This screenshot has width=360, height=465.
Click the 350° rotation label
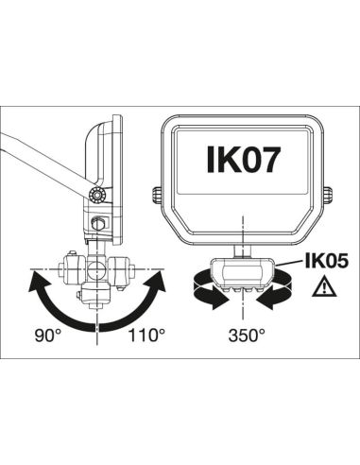[245, 335]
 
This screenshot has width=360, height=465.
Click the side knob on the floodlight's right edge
[327, 195]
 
